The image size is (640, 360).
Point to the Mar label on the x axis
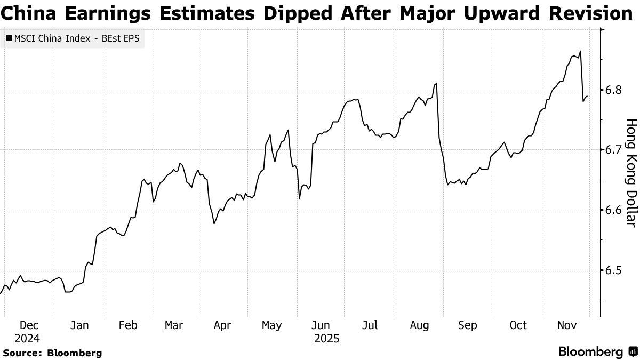point(174,325)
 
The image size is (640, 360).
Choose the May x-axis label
point(273,325)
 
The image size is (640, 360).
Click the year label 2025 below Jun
point(326,338)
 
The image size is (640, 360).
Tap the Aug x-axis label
point(420,325)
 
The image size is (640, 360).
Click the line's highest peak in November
point(580,51)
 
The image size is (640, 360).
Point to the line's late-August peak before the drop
point(437,84)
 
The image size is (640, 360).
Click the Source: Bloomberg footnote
point(52,353)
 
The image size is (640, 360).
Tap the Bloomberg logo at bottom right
point(597,352)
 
